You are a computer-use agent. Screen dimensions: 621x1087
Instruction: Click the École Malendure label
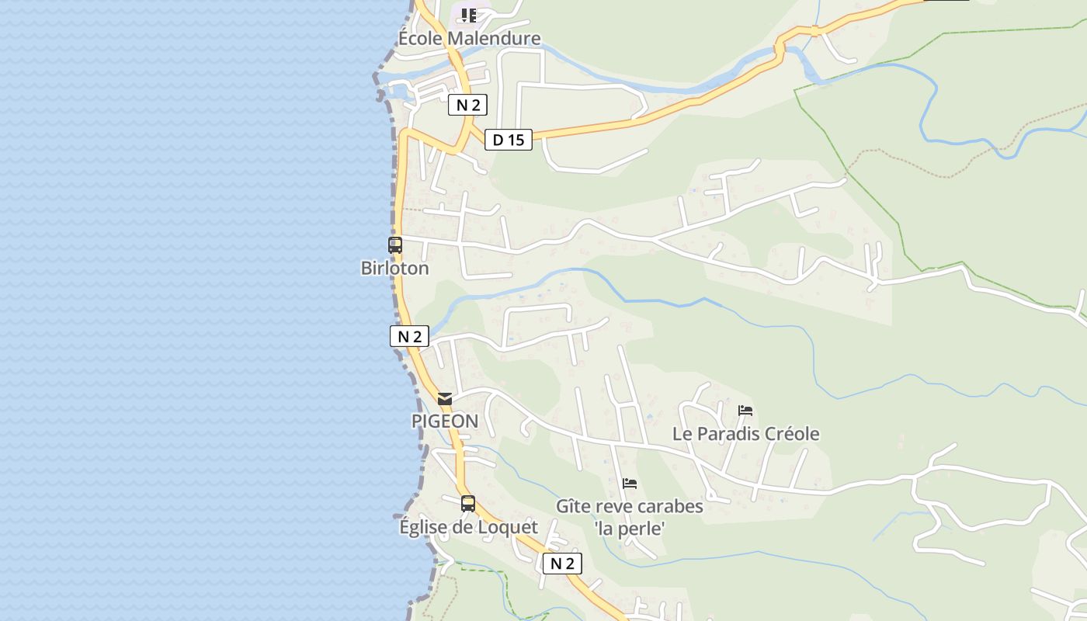[469, 38]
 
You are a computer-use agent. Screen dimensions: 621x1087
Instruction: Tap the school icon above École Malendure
[468, 15]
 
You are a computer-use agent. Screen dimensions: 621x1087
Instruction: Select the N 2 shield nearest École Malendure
[467, 106]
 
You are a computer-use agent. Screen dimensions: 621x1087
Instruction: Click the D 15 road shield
[509, 140]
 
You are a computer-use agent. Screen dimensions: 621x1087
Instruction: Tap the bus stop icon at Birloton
[395, 245]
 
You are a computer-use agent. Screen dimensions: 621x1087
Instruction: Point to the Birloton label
[394, 268]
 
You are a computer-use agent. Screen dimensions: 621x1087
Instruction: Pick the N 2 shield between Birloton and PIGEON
[409, 336]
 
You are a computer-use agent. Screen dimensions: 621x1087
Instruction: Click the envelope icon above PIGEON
[444, 399]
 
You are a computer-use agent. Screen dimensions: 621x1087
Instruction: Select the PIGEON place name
[445, 421]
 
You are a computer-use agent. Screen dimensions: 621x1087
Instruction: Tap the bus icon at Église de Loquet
[468, 504]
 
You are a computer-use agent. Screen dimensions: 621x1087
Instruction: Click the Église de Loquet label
[468, 527]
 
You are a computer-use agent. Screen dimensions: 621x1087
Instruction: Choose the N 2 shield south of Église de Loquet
[562, 564]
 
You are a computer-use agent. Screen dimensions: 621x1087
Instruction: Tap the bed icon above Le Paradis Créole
[745, 411]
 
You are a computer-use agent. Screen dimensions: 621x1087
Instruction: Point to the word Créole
[793, 434]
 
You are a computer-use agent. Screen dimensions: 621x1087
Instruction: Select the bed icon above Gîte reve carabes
[630, 484]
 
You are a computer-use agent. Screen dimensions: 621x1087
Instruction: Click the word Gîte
[574, 507]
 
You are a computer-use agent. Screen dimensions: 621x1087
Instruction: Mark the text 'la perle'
[630, 529]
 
